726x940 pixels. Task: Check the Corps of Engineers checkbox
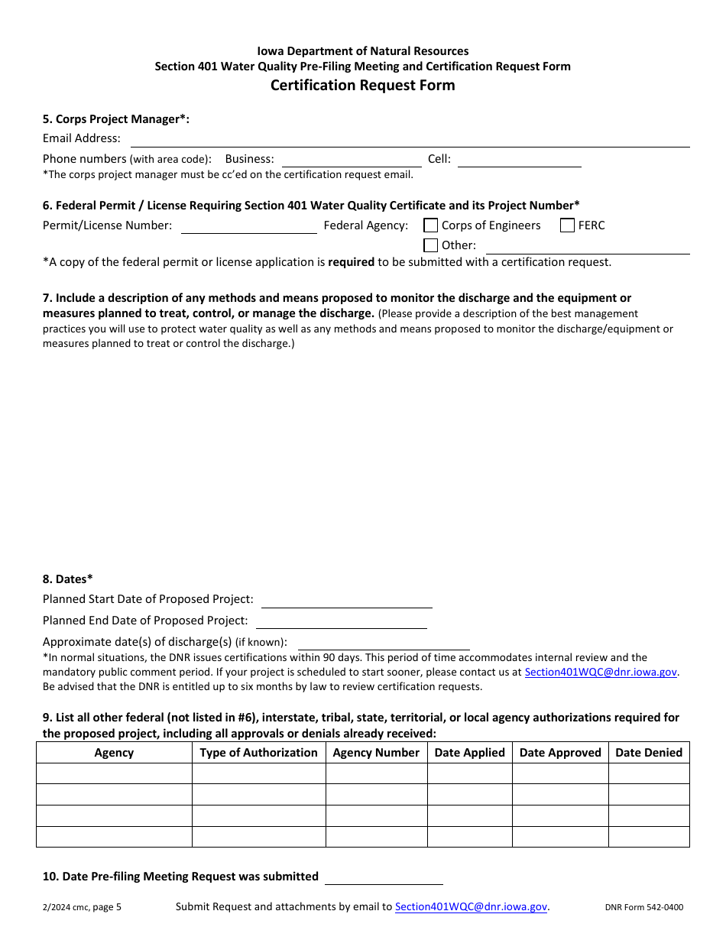(431, 225)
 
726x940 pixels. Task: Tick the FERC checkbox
(567, 225)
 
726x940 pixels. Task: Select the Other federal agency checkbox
(431, 245)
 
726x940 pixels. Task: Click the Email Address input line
(410, 139)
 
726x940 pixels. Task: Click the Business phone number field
(351, 159)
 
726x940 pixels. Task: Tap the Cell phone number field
(519, 159)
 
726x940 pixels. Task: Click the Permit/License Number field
(248, 225)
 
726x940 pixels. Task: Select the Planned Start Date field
(346, 600)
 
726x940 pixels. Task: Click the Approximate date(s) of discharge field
(383, 642)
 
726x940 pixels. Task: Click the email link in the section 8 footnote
(601, 673)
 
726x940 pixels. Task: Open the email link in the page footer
(471, 907)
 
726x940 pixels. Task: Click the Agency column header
(114, 753)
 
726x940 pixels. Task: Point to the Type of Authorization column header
(258, 753)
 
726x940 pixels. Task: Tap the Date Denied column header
(648, 753)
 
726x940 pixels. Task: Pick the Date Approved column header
(560, 753)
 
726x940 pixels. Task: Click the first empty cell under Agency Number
(376, 773)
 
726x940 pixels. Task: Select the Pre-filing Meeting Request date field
(384, 877)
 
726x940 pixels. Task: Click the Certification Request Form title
(362, 86)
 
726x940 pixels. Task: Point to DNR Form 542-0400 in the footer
(643, 908)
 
